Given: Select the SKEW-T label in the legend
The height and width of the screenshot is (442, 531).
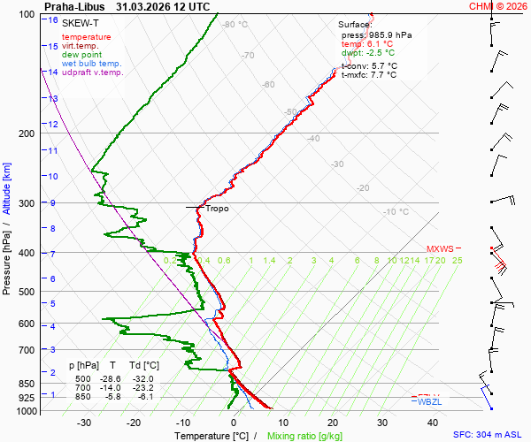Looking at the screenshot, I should pos(80,21).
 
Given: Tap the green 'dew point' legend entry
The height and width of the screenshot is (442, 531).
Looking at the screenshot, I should pos(82,55).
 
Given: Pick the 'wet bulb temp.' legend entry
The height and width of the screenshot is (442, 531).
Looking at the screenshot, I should pos(92,64).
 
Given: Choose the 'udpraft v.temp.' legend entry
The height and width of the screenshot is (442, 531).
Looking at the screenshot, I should pos(92,72).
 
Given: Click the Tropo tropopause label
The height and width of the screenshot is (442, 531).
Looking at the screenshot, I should pos(217,209).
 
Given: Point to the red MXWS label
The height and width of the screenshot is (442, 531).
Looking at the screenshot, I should pos(439,248).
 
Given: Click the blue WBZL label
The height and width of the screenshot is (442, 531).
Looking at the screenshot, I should pos(429,402).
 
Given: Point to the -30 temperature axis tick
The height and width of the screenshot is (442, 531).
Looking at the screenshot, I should pos(85,423).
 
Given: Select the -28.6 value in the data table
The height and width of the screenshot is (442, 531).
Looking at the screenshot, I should pos(112,379).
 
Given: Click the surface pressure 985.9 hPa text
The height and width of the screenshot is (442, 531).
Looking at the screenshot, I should pos(376,34).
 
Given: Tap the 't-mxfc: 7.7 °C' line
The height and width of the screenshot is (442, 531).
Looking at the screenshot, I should pos(369,75).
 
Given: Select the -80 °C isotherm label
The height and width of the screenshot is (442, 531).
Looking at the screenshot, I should pos(235,25).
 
